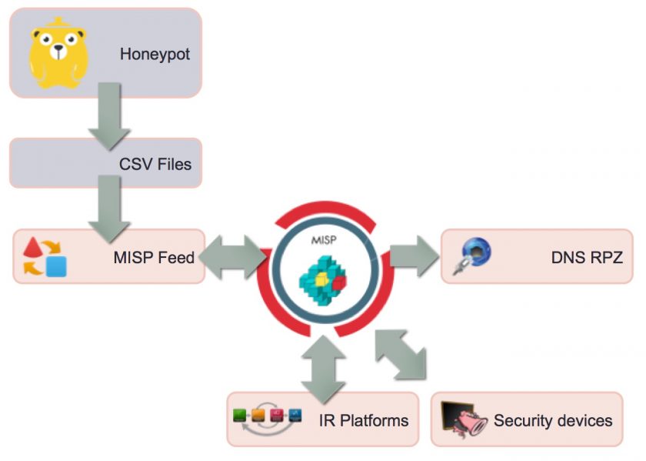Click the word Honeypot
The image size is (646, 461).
click(155, 55)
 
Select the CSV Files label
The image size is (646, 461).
click(155, 164)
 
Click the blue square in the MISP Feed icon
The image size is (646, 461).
click(55, 266)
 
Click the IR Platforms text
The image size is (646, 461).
click(364, 421)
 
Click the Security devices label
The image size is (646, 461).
click(553, 421)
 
